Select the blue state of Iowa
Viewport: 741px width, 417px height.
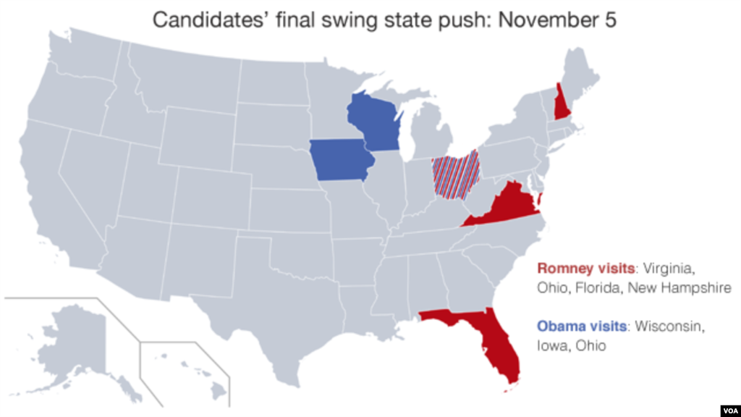(x=340, y=161)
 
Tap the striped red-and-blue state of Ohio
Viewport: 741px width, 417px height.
(x=455, y=174)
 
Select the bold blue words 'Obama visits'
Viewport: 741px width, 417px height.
(x=582, y=327)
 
